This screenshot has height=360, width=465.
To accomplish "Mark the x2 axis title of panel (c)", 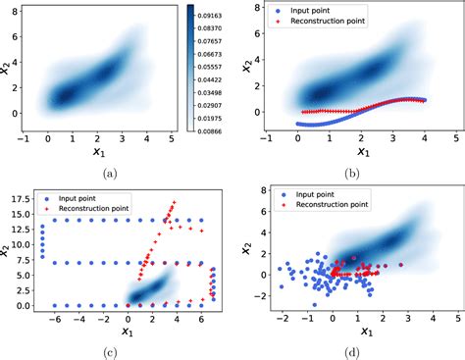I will (x=7, y=250).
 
